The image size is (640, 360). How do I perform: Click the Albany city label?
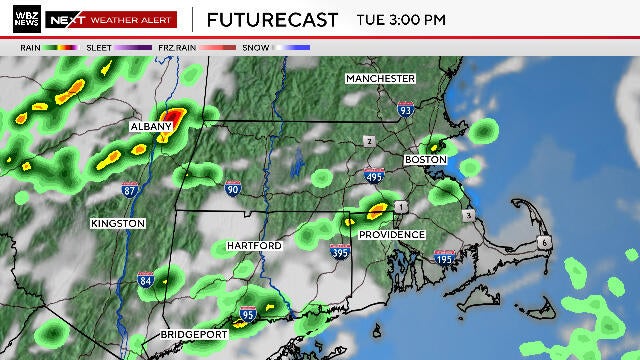point(152,128)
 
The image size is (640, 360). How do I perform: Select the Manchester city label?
point(380,78)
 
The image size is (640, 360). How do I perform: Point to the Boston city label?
point(425,160)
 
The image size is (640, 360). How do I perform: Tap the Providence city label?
point(393,235)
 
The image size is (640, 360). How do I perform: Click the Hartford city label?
point(254,245)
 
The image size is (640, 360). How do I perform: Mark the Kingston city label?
point(118,222)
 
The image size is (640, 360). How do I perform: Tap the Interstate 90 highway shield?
point(233,187)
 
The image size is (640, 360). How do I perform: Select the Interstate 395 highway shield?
point(341,252)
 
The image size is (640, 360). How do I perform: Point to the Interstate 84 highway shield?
point(145,280)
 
